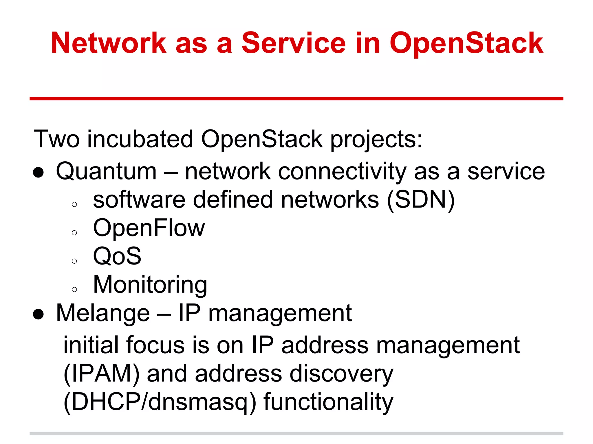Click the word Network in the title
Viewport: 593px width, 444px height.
tap(109, 43)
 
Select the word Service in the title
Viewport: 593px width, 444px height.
tap(293, 43)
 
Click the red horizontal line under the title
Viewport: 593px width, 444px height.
tap(296, 99)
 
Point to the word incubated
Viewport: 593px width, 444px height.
tap(140, 139)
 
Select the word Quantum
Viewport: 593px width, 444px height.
tap(106, 172)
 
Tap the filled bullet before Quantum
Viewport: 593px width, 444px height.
tap(38, 173)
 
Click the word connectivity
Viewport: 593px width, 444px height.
tap(342, 172)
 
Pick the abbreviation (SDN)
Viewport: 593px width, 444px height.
tap(421, 200)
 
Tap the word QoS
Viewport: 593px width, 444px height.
tap(117, 256)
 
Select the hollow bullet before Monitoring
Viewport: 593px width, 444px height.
tap(74, 289)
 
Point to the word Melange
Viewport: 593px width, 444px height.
tap(103, 313)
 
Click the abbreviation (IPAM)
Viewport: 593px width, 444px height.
tap(101, 374)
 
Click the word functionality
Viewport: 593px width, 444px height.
tap(328, 402)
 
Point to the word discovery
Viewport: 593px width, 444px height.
tap(341, 374)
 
